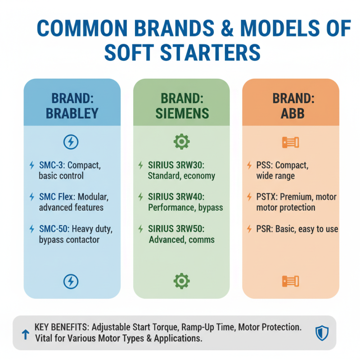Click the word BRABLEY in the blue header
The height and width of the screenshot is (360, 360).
point(72,112)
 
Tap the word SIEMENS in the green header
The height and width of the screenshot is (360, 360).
point(182,112)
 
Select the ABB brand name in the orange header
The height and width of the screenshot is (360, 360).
point(291,112)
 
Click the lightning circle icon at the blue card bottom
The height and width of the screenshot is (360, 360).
point(71,281)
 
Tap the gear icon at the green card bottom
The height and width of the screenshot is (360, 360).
point(181,281)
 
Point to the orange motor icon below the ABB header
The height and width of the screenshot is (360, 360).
point(290,143)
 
